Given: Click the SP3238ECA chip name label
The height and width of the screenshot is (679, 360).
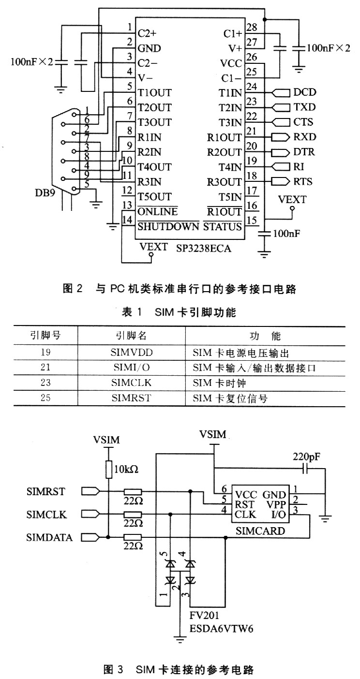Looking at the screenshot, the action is (204, 249).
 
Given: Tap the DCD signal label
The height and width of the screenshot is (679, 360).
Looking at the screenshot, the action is (304, 92).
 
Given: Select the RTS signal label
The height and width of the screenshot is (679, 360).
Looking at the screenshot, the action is (303, 181).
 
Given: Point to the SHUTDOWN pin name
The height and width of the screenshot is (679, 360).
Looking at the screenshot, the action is (168, 226).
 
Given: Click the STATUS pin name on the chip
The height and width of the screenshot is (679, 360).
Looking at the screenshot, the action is (222, 226).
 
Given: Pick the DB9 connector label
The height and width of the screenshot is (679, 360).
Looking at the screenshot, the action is (45, 192).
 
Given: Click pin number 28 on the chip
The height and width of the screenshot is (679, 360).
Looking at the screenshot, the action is (252, 27).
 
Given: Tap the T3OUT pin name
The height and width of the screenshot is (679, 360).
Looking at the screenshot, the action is (154, 122).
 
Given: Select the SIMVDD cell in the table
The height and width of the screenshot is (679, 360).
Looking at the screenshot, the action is (131, 352).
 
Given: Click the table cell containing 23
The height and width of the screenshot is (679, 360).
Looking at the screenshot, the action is (45, 383).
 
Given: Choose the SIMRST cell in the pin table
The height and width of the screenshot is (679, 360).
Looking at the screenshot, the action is (131, 398).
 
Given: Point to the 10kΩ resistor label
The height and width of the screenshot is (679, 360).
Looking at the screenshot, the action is (126, 469).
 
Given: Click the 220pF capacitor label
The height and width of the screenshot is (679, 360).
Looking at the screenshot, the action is (306, 457).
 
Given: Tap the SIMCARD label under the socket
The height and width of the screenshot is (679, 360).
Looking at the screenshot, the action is (260, 531).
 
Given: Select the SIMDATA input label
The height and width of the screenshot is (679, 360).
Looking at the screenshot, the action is (49, 537).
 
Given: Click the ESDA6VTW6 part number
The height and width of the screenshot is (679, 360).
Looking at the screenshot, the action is (221, 629).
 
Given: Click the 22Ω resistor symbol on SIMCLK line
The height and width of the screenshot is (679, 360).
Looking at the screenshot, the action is (133, 515).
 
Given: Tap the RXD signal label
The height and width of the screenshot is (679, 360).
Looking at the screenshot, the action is (304, 137).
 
